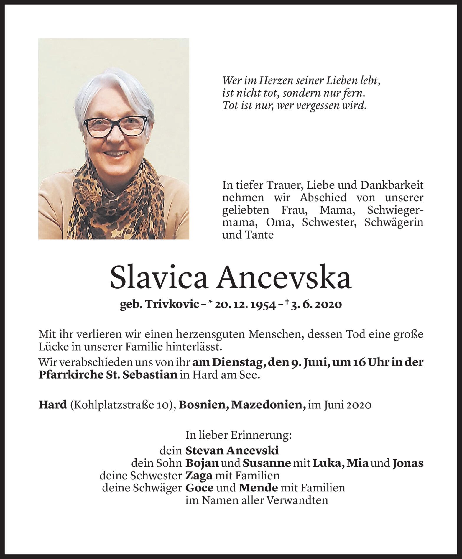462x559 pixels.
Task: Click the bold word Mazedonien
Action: coord(268,405)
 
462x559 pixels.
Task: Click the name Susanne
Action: coord(266,463)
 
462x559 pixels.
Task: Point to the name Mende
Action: coord(258,488)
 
